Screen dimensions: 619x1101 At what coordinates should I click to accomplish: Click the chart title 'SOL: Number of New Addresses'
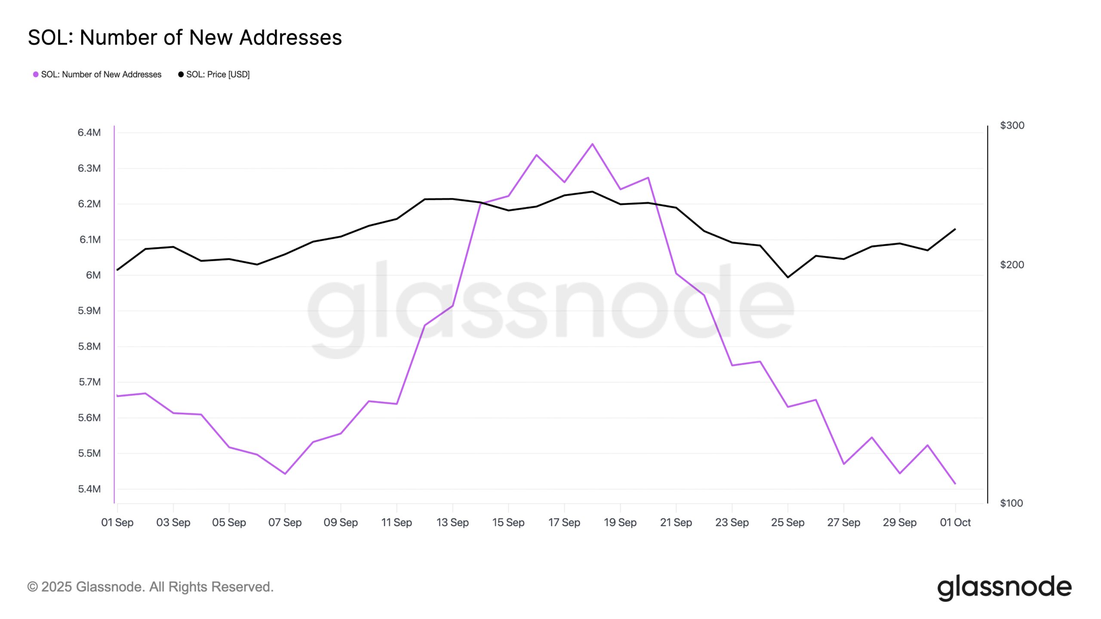pyautogui.click(x=185, y=38)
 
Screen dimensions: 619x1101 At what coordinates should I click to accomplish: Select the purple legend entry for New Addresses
pyautogui.click(x=97, y=74)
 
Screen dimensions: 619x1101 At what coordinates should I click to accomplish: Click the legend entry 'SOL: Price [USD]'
pyautogui.click(x=214, y=74)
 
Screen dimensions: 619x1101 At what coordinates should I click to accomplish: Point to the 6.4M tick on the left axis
pyautogui.click(x=89, y=132)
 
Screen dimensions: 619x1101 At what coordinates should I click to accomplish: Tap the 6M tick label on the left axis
pyautogui.click(x=93, y=275)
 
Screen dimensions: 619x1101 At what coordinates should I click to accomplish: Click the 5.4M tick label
pyautogui.click(x=89, y=489)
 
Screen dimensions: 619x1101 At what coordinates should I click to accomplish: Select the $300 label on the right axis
pyautogui.click(x=1012, y=125)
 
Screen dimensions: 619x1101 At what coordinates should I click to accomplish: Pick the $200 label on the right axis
pyautogui.click(x=1012, y=265)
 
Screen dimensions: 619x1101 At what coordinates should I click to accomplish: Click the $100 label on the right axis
pyautogui.click(x=1011, y=503)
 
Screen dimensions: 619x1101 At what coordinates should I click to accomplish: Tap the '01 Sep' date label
pyautogui.click(x=117, y=522)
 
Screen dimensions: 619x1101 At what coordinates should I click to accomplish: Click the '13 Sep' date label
pyautogui.click(x=452, y=522)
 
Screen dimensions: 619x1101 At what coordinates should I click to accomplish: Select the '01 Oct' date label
pyautogui.click(x=955, y=522)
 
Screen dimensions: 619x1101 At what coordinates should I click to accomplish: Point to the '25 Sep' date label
pyautogui.click(x=787, y=522)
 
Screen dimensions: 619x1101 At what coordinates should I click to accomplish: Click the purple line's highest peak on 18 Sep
pyautogui.click(x=592, y=144)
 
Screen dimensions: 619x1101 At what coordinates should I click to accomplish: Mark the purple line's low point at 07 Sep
pyautogui.click(x=285, y=474)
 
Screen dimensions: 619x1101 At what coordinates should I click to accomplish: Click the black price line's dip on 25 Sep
pyautogui.click(x=787, y=277)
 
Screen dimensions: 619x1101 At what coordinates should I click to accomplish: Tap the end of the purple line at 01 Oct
pyautogui.click(x=955, y=484)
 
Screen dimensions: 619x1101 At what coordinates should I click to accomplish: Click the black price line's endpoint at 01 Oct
pyautogui.click(x=955, y=229)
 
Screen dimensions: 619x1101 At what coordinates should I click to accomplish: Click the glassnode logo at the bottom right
pyautogui.click(x=1004, y=587)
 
